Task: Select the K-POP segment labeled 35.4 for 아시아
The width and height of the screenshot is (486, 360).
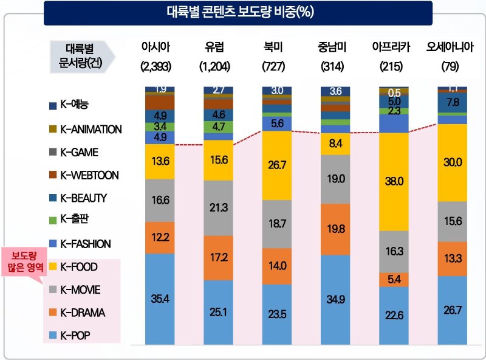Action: click(160, 298)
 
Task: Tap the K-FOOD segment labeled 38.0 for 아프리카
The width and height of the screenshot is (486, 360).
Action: click(394, 181)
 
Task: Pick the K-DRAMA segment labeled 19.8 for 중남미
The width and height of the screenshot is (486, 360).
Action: click(335, 229)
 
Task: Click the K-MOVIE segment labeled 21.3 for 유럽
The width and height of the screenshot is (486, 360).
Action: click(218, 208)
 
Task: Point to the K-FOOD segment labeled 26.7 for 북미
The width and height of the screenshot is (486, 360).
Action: click(276, 165)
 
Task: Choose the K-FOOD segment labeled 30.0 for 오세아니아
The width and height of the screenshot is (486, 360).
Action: click(452, 162)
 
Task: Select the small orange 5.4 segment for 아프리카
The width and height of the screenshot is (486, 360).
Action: click(394, 279)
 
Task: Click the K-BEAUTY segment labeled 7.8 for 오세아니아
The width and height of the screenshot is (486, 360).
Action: click(452, 103)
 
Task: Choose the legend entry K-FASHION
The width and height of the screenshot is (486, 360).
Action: click(87, 244)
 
